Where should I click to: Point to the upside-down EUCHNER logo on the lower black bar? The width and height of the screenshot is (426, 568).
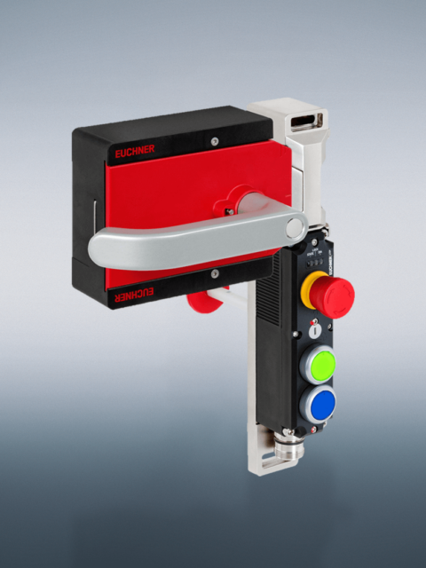(135, 292)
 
